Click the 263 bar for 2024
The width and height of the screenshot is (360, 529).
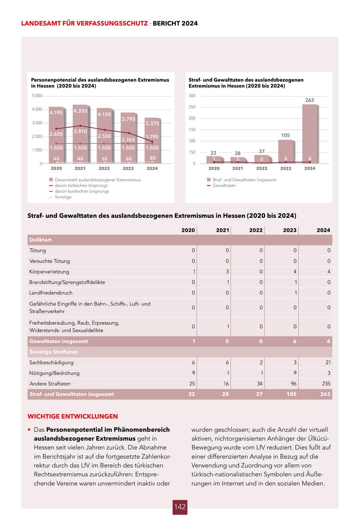310,134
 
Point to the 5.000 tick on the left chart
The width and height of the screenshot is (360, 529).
37,96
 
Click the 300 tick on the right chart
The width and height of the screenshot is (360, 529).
192,96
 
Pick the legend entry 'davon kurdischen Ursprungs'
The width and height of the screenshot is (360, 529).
82,191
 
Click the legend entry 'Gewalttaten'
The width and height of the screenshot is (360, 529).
224,186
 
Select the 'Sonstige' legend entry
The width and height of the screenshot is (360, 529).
63,197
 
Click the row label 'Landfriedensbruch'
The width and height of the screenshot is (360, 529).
51,293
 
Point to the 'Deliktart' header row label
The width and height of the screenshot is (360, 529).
40,240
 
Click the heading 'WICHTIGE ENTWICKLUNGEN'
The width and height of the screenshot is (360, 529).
72,416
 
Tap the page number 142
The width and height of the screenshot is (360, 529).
180,507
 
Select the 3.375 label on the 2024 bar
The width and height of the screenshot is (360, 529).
152,124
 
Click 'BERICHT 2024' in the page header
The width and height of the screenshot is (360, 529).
175,24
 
